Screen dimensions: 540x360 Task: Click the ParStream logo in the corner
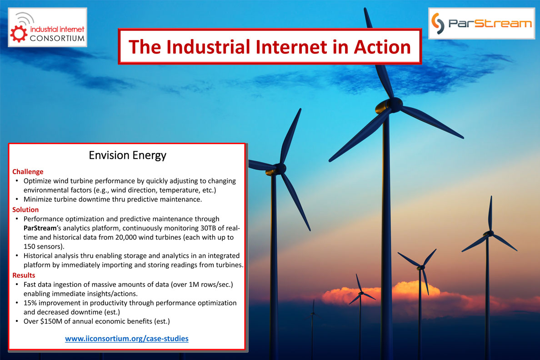click(x=481, y=24)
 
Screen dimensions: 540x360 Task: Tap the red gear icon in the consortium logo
click(x=19, y=34)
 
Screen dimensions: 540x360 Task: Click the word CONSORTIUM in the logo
click(x=57, y=38)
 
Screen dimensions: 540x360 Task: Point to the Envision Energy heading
click(x=127, y=155)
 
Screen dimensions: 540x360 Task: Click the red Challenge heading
click(x=28, y=171)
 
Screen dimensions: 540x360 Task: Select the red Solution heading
click(x=25, y=210)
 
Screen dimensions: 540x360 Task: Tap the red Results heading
click(x=24, y=275)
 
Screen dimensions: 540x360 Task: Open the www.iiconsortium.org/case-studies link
click(x=127, y=339)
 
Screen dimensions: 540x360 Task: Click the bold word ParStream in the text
click(x=40, y=228)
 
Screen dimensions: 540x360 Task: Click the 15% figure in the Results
click(x=30, y=303)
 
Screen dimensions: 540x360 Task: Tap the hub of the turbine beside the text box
click(x=280, y=169)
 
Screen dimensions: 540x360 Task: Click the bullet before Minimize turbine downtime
click(x=17, y=199)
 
